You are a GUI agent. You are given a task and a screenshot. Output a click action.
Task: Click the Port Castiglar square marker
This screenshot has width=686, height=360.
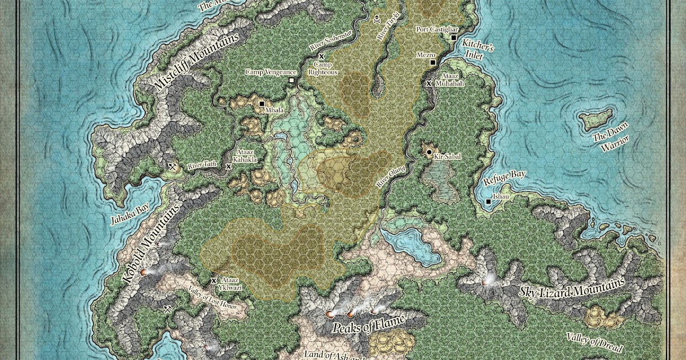click(453, 38)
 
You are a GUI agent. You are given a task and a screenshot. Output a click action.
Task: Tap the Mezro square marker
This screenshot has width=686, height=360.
click(433, 62)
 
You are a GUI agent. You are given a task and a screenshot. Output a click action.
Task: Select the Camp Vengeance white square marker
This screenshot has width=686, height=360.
click(292, 81)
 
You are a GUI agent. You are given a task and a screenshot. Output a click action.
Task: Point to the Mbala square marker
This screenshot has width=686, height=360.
click(262, 104)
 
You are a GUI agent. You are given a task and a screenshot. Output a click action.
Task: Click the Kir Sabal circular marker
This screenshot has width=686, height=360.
click(429, 152)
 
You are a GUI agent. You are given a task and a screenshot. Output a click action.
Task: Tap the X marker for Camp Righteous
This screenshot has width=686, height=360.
click(322, 56)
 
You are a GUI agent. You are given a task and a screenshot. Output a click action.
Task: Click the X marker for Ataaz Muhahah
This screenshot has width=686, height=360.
click(429, 83)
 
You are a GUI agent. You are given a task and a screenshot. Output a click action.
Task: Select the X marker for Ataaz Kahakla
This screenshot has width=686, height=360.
click(229, 166)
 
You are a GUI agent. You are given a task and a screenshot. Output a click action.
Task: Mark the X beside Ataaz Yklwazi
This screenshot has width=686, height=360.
click(214, 281)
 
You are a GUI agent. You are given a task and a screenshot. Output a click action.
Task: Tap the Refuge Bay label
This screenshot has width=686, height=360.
click(505, 178)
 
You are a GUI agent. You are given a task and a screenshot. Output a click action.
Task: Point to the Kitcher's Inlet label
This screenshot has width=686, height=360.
click(477, 51)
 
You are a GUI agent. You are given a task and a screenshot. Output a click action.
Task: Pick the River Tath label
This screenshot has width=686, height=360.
click(202, 166)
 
